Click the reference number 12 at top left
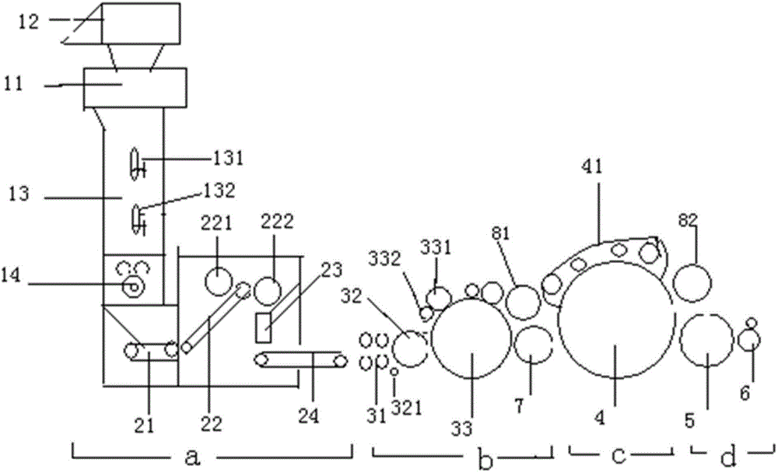click(x=28, y=21)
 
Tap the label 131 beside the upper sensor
click(x=229, y=159)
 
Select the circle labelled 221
click(x=219, y=281)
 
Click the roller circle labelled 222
click(x=268, y=290)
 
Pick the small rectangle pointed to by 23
click(x=264, y=328)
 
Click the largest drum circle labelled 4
click(x=616, y=321)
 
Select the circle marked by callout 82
click(x=692, y=283)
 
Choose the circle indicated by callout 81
click(x=523, y=303)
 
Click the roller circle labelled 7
click(x=533, y=345)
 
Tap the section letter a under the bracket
click(x=192, y=457)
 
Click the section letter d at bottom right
click(x=728, y=457)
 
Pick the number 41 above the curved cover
click(x=592, y=166)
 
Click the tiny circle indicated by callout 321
click(x=394, y=371)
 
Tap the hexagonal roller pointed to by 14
click(x=132, y=286)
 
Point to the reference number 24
click(x=308, y=415)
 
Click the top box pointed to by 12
click(x=140, y=23)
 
